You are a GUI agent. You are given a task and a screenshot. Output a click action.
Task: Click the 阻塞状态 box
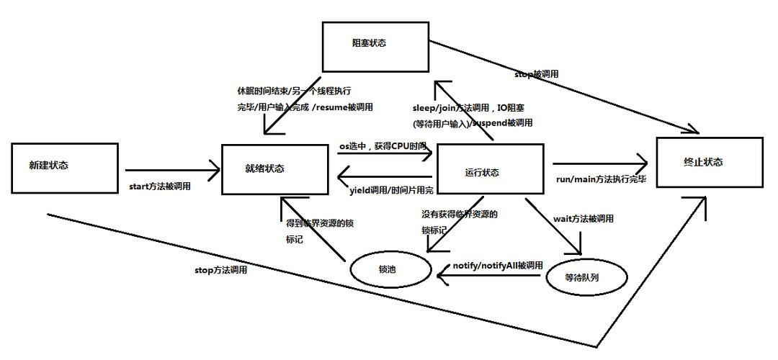tap(369, 44)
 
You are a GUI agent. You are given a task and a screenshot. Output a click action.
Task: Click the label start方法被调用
tap(160, 186)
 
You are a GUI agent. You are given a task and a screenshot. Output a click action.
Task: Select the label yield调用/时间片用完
tap(392, 191)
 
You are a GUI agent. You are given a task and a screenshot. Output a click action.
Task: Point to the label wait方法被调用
tap(583, 218)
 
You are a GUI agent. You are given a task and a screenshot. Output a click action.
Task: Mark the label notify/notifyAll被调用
tap(498, 266)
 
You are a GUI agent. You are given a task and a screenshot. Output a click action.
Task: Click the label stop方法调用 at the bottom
tap(220, 270)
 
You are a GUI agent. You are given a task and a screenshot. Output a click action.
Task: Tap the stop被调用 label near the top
tap(537, 74)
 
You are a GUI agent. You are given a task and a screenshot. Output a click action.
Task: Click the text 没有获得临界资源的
tap(460, 214)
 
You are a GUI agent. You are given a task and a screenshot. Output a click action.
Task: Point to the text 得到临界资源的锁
tap(320, 222)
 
